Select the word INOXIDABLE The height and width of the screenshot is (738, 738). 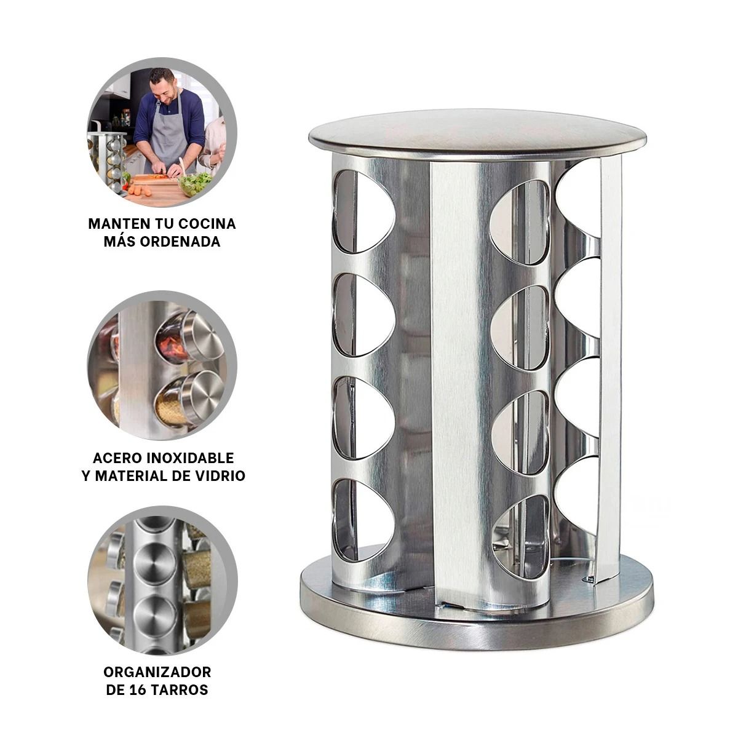pyautogui.click(x=196, y=458)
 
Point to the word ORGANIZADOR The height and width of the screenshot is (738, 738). pyautogui.click(x=157, y=672)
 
